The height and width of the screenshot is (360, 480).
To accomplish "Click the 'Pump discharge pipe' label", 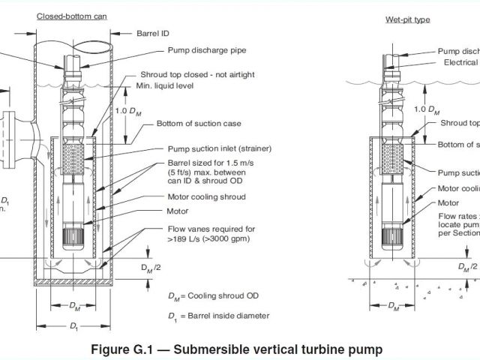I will pos(204,51).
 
